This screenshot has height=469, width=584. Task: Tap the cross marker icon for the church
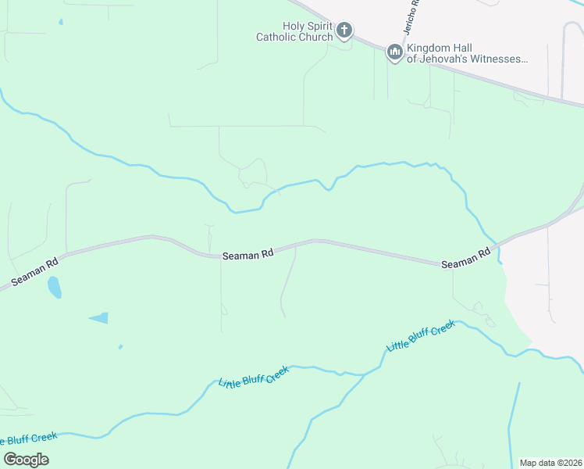pyautogui.click(x=344, y=32)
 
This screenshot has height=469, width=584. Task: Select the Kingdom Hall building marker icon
pyautogui.click(x=394, y=52)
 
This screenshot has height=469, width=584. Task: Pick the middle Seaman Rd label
pyautogui.click(x=247, y=255)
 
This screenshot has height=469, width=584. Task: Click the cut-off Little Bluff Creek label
pyautogui.click(x=30, y=439)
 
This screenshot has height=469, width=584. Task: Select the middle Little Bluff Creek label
pyautogui.click(x=254, y=377)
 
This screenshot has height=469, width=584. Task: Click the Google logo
pyautogui.click(x=26, y=459)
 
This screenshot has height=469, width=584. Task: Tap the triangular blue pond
pyautogui.click(x=100, y=317)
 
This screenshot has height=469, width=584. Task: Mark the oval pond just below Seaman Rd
pyautogui.click(x=54, y=287)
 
